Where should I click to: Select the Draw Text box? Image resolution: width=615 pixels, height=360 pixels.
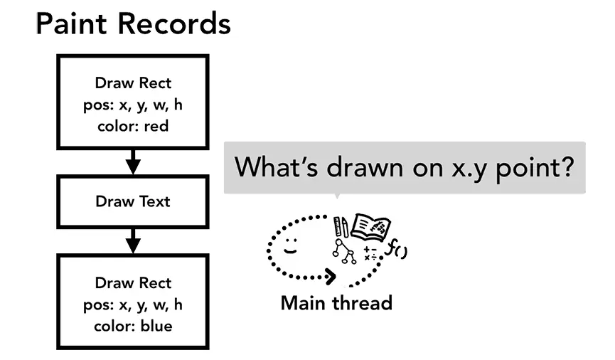tap(133, 201)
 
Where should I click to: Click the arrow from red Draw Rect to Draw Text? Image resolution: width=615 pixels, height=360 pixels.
tap(133, 162)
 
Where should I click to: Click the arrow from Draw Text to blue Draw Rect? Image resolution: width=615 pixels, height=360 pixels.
tap(133, 240)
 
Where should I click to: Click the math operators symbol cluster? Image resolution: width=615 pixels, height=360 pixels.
tap(370, 253)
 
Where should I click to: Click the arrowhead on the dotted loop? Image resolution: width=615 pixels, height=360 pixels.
tap(331, 275)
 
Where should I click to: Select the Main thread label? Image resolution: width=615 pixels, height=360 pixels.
tap(336, 303)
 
